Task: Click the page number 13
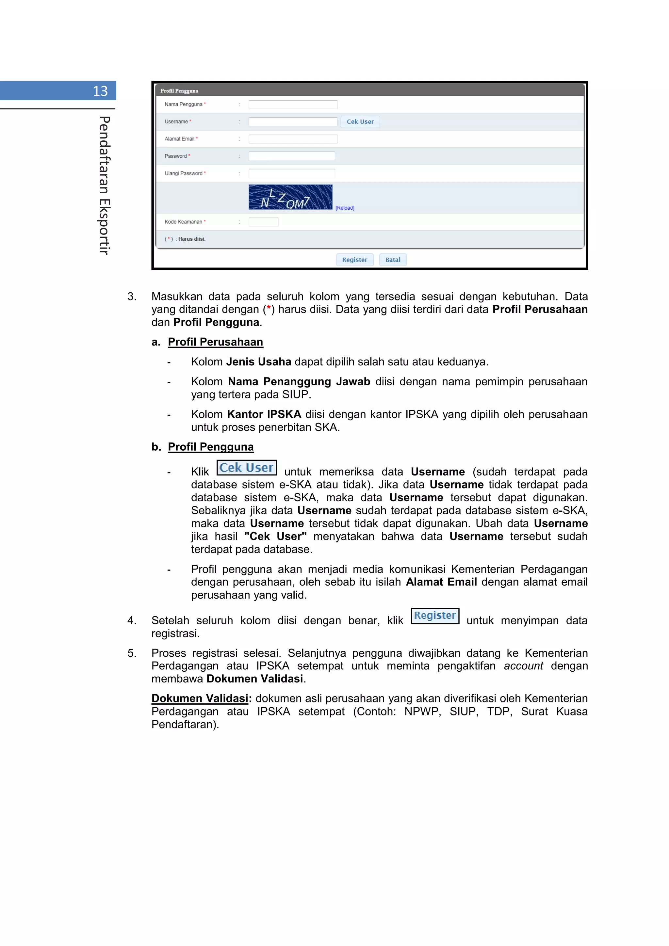tap(100, 91)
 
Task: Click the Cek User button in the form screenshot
tap(360, 121)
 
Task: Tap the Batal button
tap(392, 260)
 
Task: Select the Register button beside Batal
tap(354, 260)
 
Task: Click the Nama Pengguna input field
tap(293, 104)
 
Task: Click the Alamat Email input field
tap(293, 139)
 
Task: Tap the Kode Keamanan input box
tap(263, 222)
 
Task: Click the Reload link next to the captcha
tap(345, 208)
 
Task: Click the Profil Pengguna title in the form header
tap(179, 91)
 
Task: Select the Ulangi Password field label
tap(184, 173)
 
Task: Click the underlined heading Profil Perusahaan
tap(215, 342)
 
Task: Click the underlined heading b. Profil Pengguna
tap(210, 447)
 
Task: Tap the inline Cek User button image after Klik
tap(247, 468)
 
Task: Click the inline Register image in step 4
tap(435, 616)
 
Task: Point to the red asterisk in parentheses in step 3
tap(269, 309)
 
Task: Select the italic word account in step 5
tap(523, 666)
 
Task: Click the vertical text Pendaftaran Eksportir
tap(104, 185)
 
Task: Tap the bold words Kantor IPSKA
tap(264, 414)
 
